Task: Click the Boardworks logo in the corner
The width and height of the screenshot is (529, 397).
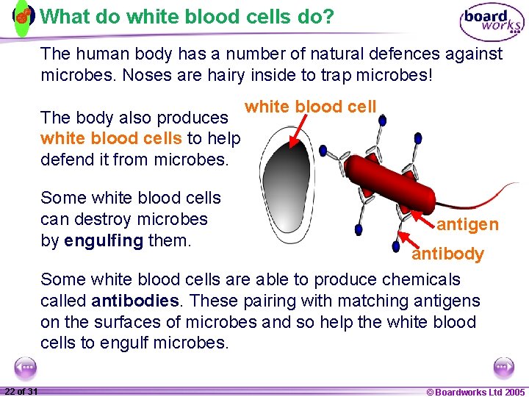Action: pos(492,21)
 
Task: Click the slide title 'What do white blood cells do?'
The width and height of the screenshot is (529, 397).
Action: pos(187,16)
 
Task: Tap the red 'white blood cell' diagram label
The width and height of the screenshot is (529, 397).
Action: pos(310,107)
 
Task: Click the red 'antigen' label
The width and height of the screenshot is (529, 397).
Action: pos(467,224)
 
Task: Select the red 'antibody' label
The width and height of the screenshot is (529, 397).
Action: pos(447,254)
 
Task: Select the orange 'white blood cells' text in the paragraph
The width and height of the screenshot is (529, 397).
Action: pos(112,138)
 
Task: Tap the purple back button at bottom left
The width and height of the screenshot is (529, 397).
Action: pos(26,367)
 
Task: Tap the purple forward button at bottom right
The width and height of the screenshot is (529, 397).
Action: pos(503,367)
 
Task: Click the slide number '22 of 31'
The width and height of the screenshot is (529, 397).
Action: pos(21,391)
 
